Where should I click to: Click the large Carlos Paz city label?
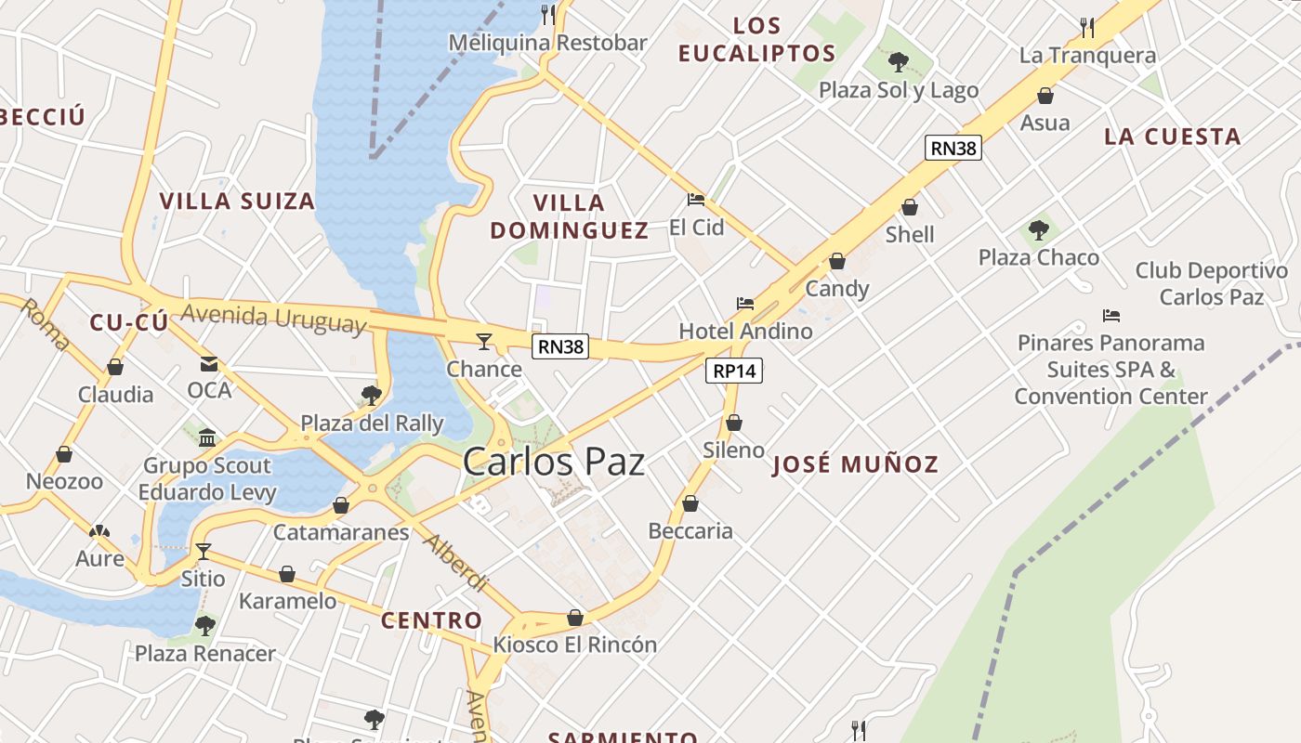[554, 462]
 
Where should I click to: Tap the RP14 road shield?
[734, 371]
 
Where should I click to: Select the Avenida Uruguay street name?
[273, 318]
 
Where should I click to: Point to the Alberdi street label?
[456, 563]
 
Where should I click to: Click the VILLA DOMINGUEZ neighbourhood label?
[569, 216]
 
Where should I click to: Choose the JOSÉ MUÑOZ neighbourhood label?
[855, 464]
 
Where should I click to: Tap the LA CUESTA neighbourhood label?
[1172, 137]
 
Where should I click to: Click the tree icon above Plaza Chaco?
[1039, 229]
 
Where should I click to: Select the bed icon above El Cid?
[696, 199]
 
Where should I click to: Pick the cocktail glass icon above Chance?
[483, 342]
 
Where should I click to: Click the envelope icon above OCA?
[209, 364]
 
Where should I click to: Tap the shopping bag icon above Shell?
[910, 207]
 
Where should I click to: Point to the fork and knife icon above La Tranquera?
[1087, 28]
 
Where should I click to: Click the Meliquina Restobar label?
[547, 43]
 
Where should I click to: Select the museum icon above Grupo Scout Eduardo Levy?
[207, 437]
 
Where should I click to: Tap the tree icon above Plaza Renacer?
[205, 625]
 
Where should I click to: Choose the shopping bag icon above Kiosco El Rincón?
[575, 618]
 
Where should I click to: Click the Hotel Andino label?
[745, 331]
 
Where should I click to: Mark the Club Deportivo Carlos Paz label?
[1212, 283]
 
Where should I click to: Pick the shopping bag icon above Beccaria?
[690, 503]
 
